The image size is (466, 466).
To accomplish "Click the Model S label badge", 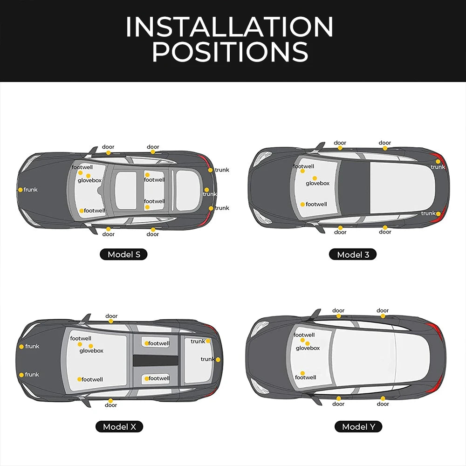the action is (123, 254).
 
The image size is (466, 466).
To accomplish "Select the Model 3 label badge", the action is (353, 255).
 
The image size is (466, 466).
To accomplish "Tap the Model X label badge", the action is (119, 427).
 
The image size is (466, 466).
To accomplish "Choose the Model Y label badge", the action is (358, 427).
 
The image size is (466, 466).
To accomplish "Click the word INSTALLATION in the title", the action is (229, 27).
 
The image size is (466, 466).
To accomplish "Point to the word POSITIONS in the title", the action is (230, 51).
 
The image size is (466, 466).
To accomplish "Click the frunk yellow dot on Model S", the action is (21, 190).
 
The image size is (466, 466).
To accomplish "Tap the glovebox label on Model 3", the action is (318, 183).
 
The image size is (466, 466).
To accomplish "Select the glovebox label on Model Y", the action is (308, 348).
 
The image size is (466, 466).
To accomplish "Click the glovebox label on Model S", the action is (90, 180).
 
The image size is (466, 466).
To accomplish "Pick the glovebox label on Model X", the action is (91, 351).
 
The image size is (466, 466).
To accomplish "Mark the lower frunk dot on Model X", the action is (21, 375).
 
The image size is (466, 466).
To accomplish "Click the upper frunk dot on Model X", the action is (21, 347).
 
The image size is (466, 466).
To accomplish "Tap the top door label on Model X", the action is (111, 316).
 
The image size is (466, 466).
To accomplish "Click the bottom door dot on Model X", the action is (110, 401).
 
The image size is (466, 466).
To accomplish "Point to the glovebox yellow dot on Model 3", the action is (315, 178).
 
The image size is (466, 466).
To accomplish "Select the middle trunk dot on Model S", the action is (206, 190).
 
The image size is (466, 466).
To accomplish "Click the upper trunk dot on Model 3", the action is (438, 161).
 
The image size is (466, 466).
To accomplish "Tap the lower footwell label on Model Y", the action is (306, 377).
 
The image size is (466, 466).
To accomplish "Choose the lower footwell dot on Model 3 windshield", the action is (302, 205).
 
